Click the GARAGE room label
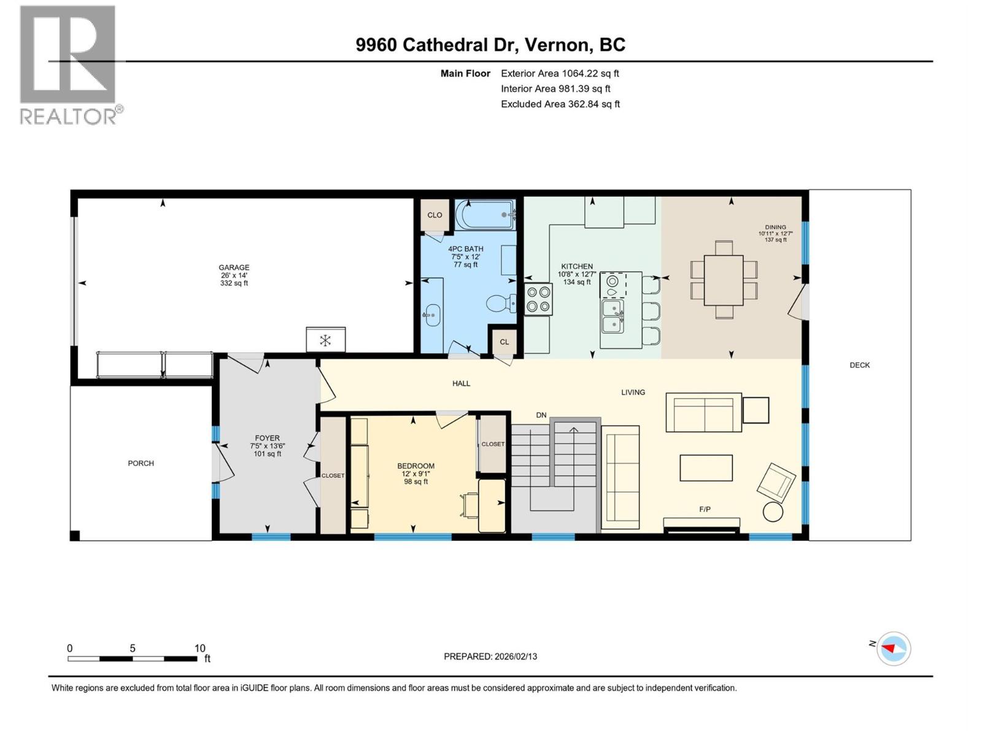[x=234, y=267]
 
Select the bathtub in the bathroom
[x=484, y=215]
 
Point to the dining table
[x=724, y=280]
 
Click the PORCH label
[x=141, y=463]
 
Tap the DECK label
[x=859, y=365]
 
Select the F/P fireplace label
[x=705, y=509]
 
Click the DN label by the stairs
[x=541, y=415]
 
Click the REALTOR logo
[x=68, y=64]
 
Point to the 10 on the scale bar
[x=199, y=648]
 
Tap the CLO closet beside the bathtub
[x=435, y=215]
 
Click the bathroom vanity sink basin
[x=431, y=316]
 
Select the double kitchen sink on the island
[x=613, y=316]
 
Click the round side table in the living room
[x=773, y=512]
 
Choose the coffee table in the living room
[x=706, y=467]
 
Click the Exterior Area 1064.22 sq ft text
[x=560, y=74]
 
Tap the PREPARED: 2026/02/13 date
[x=490, y=656]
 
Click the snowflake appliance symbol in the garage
[x=325, y=340]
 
